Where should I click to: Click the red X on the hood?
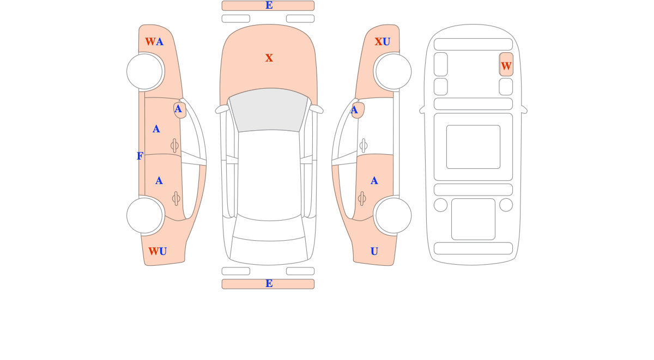(x=269, y=58)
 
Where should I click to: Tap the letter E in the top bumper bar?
(x=269, y=5)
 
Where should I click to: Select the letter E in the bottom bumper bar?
(x=269, y=283)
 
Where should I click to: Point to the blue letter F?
(x=140, y=156)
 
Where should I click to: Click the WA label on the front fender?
(x=154, y=41)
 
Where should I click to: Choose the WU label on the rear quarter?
(x=158, y=251)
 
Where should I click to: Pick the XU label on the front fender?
(x=383, y=42)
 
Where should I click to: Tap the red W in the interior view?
(x=506, y=66)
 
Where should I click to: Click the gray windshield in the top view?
(x=269, y=109)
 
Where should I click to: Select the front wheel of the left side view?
(x=144, y=71)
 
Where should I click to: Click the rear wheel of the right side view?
(x=393, y=216)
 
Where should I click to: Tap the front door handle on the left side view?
(x=174, y=145)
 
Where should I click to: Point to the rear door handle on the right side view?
(x=362, y=199)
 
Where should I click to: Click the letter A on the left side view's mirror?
(x=178, y=109)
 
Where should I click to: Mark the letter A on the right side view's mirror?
(x=354, y=110)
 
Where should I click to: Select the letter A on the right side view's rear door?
(x=374, y=181)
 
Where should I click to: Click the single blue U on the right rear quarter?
(x=374, y=251)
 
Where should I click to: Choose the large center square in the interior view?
(x=473, y=147)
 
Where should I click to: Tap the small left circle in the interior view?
(x=440, y=205)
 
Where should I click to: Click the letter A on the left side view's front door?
(x=156, y=129)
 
